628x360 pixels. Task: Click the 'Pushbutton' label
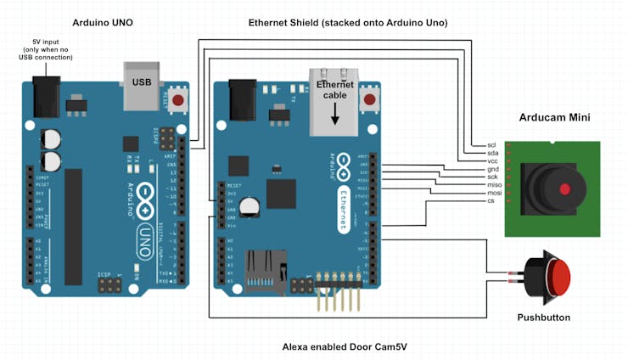[x=543, y=318]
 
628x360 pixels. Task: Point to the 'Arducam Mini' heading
[x=555, y=117]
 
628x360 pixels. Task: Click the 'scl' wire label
[x=491, y=145]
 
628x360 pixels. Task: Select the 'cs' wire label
[x=491, y=200]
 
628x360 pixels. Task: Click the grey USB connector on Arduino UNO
[x=142, y=85]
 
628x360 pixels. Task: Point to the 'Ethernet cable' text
[x=334, y=91]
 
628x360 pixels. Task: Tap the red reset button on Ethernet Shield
[x=369, y=101]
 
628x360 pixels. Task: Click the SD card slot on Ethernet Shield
[x=266, y=271]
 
